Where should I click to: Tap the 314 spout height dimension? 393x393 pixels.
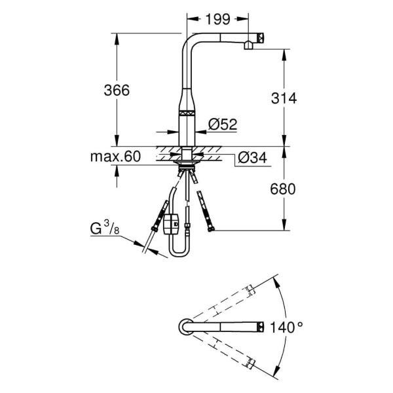(284, 98)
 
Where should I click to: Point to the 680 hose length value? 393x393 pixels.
(283, 189)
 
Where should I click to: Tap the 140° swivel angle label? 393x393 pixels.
(290, 326)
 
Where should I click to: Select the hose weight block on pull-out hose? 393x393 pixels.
(171, 223)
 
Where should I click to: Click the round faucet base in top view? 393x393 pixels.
(184, 326)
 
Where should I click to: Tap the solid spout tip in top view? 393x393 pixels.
(261, 326)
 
